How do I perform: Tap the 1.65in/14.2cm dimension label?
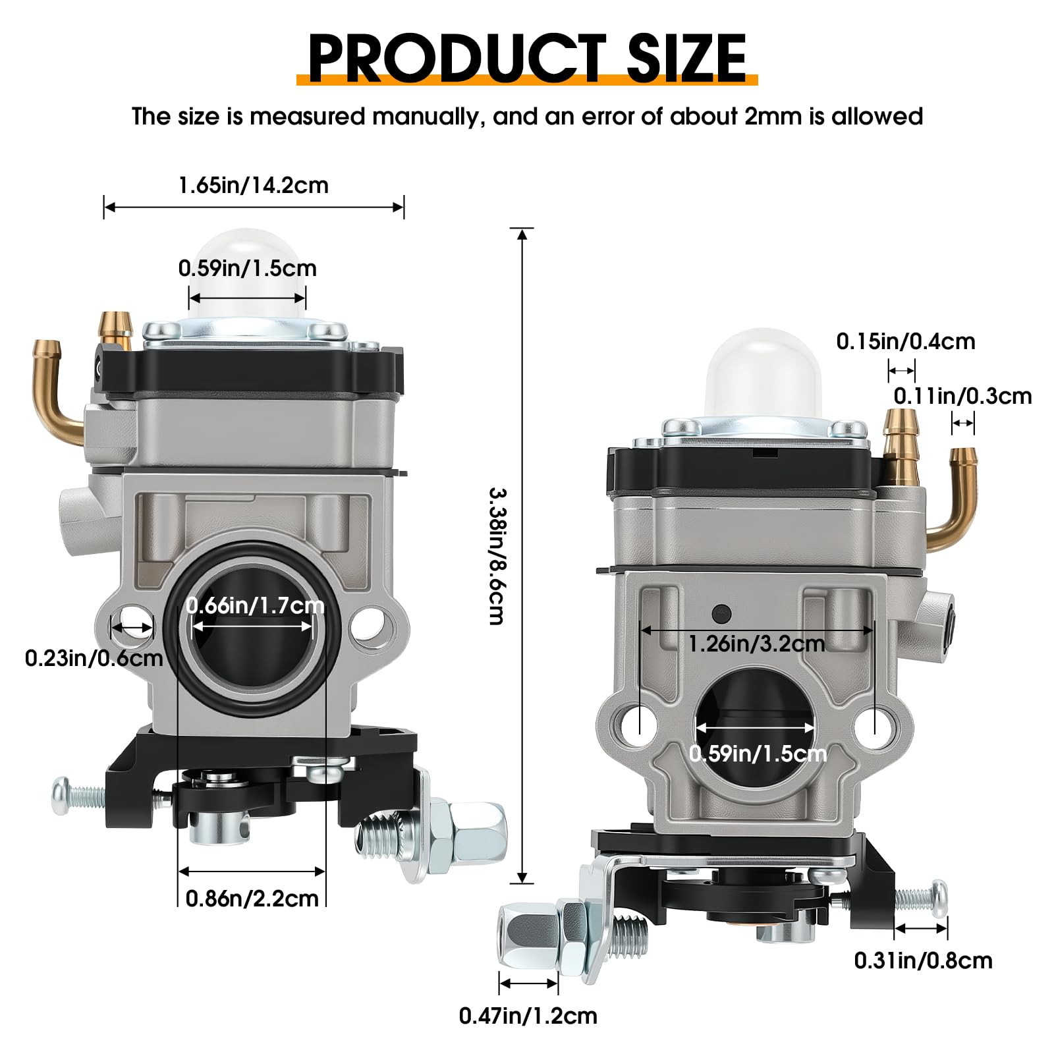click(253, 185)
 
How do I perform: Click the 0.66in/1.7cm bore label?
click(255, 605)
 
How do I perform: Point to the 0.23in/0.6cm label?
click(94, 657)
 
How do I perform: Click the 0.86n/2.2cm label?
click(252, 898)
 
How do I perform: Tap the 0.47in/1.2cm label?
click(528, 1015)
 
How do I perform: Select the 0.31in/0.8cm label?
click(923, 960)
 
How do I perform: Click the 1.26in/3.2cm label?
click(756, 643)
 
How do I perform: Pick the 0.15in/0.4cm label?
click(905, 341)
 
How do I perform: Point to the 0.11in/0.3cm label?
click(962, 396)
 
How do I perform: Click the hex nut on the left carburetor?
click(480, 832)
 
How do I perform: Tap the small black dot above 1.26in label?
click(721, 613)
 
